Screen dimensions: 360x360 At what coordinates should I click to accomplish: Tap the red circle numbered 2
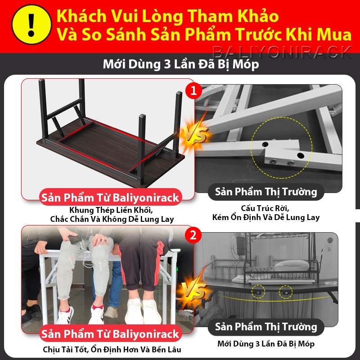coord(194,235)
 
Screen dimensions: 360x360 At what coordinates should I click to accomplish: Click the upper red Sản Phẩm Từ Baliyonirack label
coord(110,197)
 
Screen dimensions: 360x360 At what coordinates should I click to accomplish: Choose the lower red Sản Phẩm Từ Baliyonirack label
coord(110,334)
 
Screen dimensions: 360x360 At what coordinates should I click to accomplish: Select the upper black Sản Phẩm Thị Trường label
coord(266,192)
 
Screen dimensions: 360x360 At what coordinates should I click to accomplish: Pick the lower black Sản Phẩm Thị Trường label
coord(266,327)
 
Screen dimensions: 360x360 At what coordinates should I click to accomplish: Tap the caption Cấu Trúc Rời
coord(266,208)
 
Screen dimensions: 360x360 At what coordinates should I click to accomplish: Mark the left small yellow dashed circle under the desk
coord(259,291)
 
